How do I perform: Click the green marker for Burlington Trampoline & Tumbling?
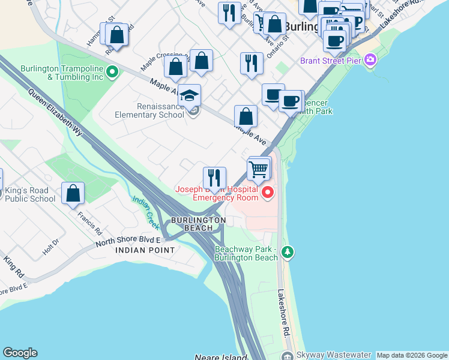(x=112, y=73)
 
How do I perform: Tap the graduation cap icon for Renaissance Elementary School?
(x=189, y=97)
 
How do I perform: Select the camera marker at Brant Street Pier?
(x=370, y=59)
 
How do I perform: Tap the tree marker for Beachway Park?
(x=288, y=251)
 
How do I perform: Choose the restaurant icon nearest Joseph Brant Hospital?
(x=214, y=178)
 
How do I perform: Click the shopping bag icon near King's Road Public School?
(x=73, y=193)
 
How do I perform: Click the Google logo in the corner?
(x=20, y=353)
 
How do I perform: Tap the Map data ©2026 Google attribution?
(x=411, y=355)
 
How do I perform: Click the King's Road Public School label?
(x=30, y=195)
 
